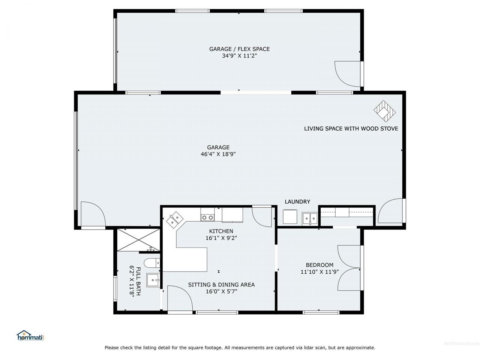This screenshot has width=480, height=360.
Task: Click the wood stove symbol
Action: pos(384,111)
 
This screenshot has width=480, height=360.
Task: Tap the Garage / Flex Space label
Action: pos(239,49)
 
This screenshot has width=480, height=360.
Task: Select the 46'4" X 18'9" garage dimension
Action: pos(218,154)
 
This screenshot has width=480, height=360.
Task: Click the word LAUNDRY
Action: pos(297,201)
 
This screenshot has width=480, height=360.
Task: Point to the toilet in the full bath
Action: pos(152,263)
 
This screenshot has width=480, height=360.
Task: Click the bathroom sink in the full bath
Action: pos(153,280)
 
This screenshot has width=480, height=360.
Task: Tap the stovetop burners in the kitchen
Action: pos(207,217)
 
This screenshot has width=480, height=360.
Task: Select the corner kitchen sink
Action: pos(174,219)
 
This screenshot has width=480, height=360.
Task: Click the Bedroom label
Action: pos(319,265)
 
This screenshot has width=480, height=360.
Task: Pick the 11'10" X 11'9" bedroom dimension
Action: pos(319,272)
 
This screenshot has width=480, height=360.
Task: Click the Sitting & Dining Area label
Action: pos(221,285)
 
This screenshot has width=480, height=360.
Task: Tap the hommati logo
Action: pos(30,335)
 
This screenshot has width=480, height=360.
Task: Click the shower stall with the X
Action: pos(139,240)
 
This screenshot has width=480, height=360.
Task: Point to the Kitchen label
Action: pos(221,231)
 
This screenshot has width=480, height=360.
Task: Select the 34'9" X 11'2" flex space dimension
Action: pos(239,56)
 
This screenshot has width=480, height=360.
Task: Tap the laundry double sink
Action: pos(310,219)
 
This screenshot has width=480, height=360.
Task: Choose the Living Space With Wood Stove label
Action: pos(351,129)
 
